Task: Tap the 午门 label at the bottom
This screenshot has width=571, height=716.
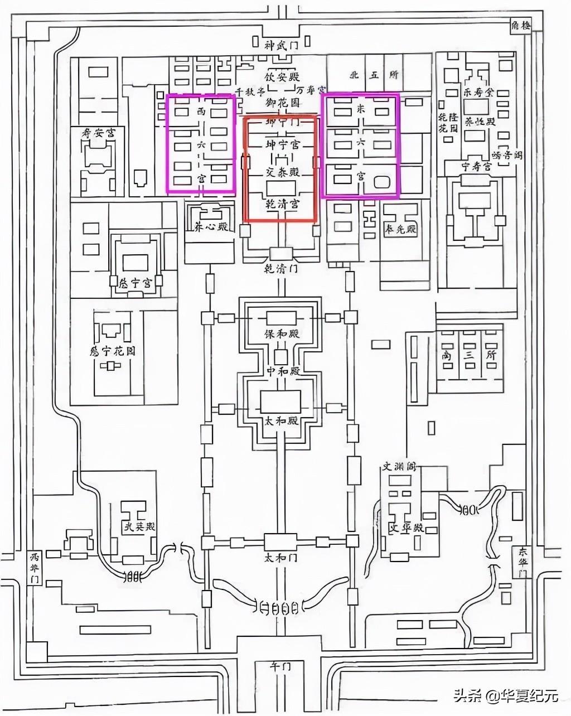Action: click(280, 667)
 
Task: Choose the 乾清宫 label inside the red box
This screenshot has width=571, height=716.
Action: click(282, 204)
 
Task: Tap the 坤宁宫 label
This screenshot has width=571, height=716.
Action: click(282, 145)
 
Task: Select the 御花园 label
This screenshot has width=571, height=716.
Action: click(282, 103)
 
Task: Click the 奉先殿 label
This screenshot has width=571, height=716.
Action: click(401, 229)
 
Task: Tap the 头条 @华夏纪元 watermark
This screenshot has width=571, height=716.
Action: click(505, 695)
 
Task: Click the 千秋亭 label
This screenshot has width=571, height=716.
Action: click(248, 91)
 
